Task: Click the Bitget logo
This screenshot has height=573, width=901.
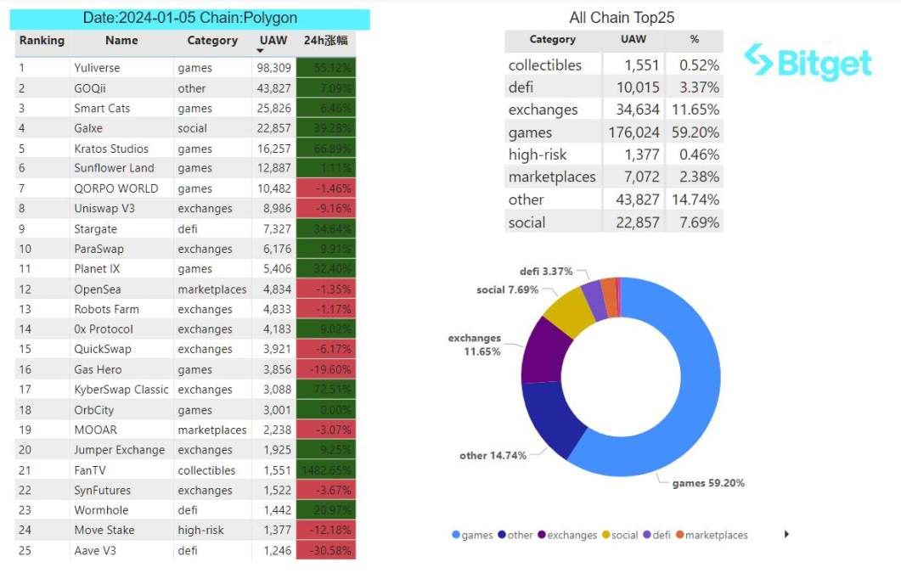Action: click(x=808, y=62)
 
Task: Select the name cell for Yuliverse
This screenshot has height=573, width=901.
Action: click(x=97, y=68)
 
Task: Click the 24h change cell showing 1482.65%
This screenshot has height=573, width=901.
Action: click(x=326, y=470)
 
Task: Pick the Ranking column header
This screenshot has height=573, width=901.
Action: click(x=42, y=40)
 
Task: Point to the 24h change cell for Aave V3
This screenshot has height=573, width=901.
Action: click(x=326, y=550)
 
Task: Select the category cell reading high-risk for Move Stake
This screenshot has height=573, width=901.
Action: click(x=200, y=530)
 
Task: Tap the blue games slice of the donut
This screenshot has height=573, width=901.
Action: click(x=679, y=382)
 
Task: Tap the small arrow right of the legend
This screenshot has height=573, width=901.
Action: click(x=786, y=534)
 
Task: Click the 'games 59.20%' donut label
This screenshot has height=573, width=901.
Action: click(x=708, y=483)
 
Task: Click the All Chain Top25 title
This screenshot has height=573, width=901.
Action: click(x=622, y=18)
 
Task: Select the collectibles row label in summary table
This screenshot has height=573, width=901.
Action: click(x=544, y=65)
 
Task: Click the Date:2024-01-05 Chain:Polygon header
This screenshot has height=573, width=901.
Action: click(x=190, y=18)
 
